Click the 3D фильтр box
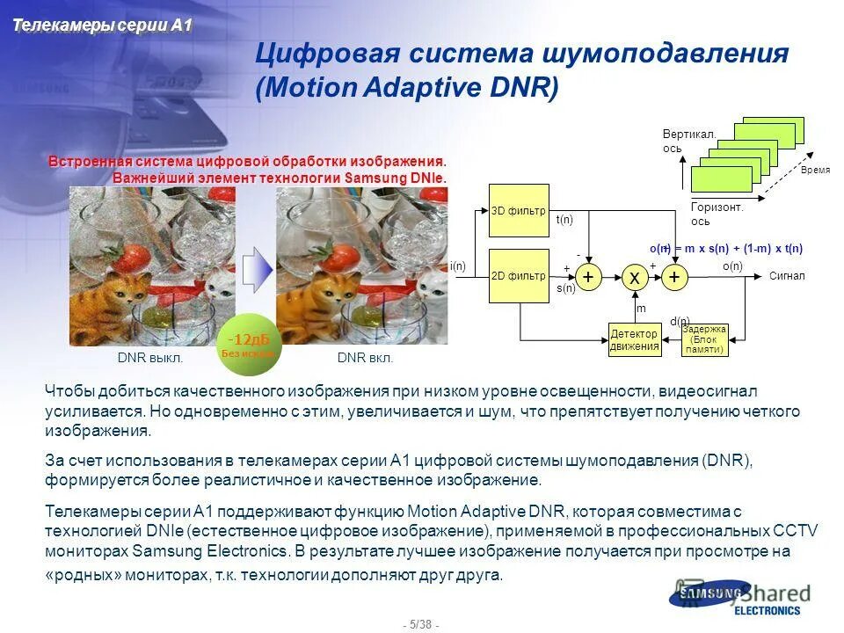coord(519,210)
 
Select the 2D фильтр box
coord(519,276)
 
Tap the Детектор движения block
coord(634,339)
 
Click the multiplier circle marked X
coord(634,277)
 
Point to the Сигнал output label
coord(787,276)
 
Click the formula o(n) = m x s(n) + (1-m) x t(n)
coord(725,249)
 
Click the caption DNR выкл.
coord(150,359)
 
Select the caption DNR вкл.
coord(365,359)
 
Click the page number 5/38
coord(421,624)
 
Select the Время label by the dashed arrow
coord(815,169)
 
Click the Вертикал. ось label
coord(689,141)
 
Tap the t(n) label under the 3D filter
coord(564,220)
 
